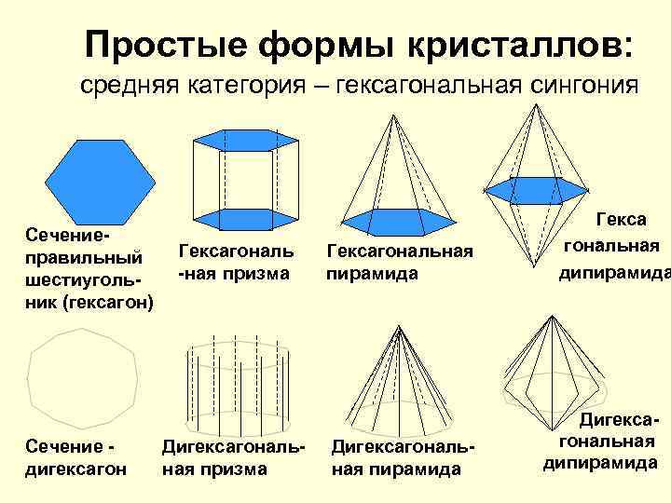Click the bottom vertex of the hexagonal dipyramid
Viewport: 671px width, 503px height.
pos(535,280)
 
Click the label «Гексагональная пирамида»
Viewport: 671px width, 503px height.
pos(400,262)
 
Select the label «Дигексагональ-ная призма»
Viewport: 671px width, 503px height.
pos(234,457)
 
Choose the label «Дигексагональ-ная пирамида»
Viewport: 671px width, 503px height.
pos(403,457)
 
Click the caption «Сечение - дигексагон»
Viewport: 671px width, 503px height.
pos(74,457)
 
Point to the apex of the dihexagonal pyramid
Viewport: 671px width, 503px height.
pos(402,325)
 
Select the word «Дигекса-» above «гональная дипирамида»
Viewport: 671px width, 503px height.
pos(610,422)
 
